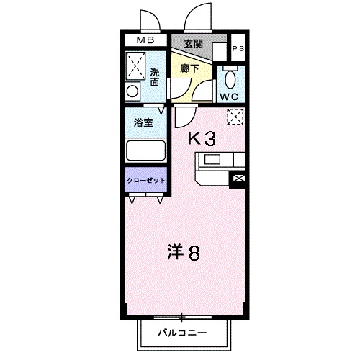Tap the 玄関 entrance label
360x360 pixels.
pyautogui.click(x=192, y=44)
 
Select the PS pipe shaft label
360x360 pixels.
pyautogui.click(x=238, y=48)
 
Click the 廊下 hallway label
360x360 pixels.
pyautogui.click(x=189, y=68)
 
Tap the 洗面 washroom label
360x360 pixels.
pyautogui.click(x=156, y=77)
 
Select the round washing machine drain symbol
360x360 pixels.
pyautogui.click(x=132, y=91)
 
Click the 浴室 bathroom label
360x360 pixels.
pyautogui.click(x=143, y=122)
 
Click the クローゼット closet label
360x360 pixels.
pyautogui.click(x=146, y=180)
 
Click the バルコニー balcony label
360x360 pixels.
pyautogui.click(x=183, y=333)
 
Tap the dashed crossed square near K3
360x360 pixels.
pyautogui.click(x=234, y=116)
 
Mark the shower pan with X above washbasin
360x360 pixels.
pyautogui.click(x=135, y=66)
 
